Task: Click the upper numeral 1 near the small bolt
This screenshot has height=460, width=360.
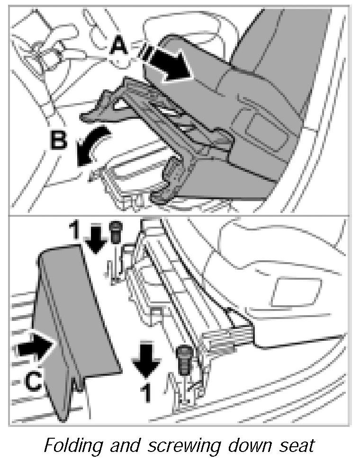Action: click(x=74, y=231)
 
